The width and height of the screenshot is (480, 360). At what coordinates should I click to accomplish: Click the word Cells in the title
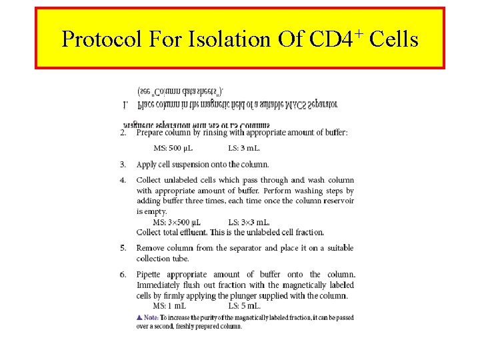(x=393, y=40)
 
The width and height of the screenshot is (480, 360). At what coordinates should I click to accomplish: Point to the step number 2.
(x=123, y=133)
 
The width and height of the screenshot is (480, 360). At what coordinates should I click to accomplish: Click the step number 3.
(x=123, y=164)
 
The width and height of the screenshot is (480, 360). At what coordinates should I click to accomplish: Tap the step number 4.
(x=123, y=180)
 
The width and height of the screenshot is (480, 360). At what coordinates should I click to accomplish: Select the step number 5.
(x=123, y=248)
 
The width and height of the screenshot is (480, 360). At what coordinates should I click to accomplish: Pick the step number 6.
(x=123, y=275)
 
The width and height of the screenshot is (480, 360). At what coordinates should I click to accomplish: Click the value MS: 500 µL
(x=173, y=148)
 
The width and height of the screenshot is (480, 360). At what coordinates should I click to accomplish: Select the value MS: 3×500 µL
(x=177, y=222)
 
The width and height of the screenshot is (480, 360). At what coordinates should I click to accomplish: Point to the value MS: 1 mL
(x=169, y=306)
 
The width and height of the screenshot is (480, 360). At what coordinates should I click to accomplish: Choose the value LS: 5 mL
(x=249, y=306)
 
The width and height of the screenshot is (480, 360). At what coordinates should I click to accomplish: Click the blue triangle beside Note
(x=138, y=317)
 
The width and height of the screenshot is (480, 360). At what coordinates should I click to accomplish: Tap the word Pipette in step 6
(x=151, y=275)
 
